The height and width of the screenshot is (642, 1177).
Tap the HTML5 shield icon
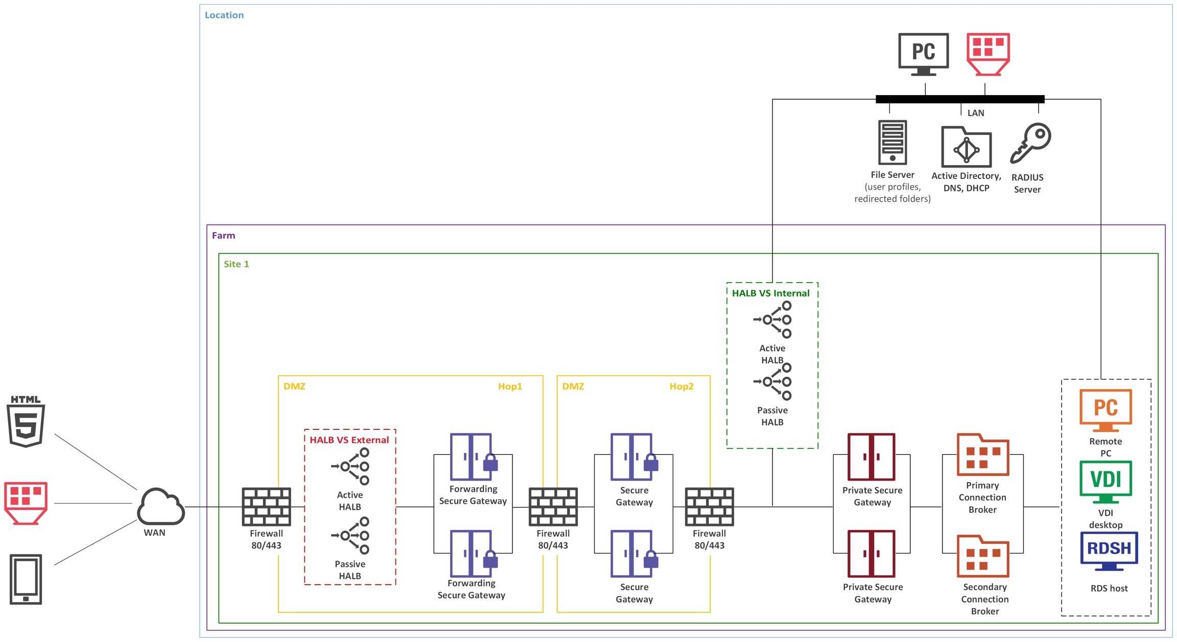[26, 421]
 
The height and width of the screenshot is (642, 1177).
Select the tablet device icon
[26, 579]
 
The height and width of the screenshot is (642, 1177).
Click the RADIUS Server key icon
[1030, 143]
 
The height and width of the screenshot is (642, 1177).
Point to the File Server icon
[892, 143]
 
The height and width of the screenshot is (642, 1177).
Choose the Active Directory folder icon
[966, 147]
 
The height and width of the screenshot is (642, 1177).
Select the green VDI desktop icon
[1105, 481]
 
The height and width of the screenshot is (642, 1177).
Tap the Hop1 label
[510, 386]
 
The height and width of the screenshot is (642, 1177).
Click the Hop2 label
[681, 386]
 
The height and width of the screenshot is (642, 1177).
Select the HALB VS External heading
[349, 440]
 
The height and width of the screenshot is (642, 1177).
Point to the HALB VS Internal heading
[770, 293]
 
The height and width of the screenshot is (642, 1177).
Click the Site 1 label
[236, 264]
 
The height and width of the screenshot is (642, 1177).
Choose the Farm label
[223, 236]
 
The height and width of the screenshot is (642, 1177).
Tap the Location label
[224, 15]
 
